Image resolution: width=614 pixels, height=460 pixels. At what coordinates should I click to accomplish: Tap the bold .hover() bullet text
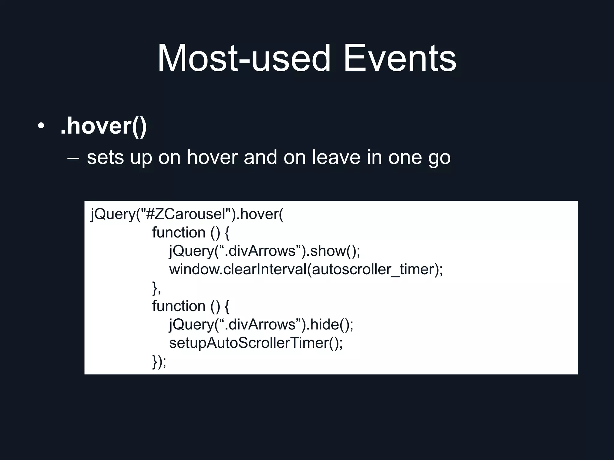pyautogui.click(x=103, y=126)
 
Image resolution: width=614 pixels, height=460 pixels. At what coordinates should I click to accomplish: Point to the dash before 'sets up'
pyautogui.click(x=73, y=158)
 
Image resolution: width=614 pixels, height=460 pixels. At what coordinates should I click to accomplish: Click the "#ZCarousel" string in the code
pyautogui.click(x=186, y=214)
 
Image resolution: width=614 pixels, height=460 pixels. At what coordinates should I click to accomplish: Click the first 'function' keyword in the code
pyautogui.click(x=178, y=232)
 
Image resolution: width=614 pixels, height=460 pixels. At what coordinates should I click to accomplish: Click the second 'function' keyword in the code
pyautogui.click(x=178, y=306)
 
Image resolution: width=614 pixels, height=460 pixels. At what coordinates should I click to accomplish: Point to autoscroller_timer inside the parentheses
pyautogui.click(x=373, y=269)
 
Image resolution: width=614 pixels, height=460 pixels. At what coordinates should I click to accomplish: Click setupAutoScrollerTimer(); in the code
pyautogui.click(x=255, y=343)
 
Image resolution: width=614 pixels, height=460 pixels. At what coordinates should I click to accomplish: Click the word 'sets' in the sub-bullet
pyautogui.click(x=105, y=158)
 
